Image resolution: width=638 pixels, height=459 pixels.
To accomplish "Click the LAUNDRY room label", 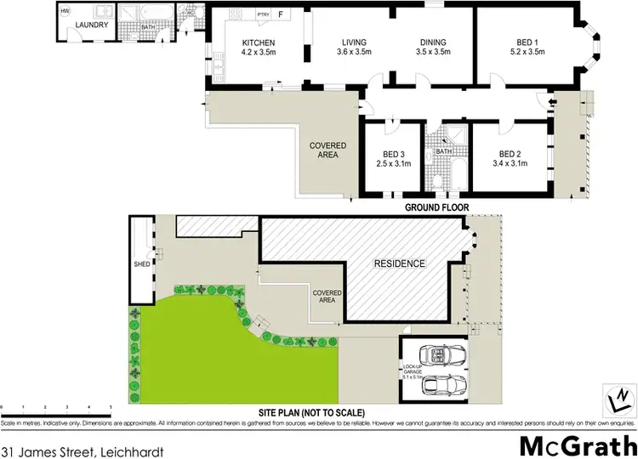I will click(x=91, y=25).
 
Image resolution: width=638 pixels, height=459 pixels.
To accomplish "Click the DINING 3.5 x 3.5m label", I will click(x=439, y=48).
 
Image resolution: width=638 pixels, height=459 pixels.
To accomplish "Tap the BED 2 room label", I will click(x=514, y=159).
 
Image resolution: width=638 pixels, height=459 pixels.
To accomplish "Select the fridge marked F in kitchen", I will click(x=279, y=14).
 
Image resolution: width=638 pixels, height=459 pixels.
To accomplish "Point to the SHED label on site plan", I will click(x=142, y=264).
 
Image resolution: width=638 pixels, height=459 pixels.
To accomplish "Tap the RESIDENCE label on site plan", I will click(x=400, y=263).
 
